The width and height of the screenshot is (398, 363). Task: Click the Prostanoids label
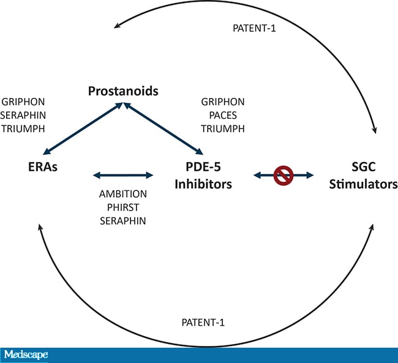pos(123,91)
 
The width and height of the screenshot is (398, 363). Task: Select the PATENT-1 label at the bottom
pos(205,322)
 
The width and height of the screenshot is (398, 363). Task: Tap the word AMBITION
pos(123,193)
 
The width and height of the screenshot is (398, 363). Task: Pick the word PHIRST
pos(123,207)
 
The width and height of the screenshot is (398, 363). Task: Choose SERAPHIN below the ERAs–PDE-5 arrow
pos(123,220)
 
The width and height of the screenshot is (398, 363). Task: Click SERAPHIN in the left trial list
pos(23,115)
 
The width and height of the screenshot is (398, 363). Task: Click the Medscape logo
pos(25,355)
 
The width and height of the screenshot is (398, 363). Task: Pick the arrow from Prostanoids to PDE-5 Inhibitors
pos(163,129)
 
